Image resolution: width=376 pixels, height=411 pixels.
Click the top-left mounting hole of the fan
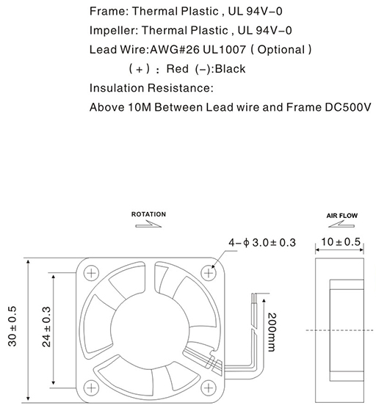[x=91, y=273]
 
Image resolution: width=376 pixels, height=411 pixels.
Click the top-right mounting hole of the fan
[x=209, y=273]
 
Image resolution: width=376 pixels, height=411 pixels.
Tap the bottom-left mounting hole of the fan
[x=91, y=388]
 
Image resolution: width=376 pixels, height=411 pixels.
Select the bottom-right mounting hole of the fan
[x=209, y=388]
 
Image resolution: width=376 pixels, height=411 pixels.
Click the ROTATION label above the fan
[x=148, y=214]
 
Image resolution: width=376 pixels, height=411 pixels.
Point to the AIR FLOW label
[x=342, y=216]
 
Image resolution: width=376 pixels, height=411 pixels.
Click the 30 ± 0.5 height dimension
[x=12, y=326]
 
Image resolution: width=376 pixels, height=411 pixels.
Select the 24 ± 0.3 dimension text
[x=46, y=327]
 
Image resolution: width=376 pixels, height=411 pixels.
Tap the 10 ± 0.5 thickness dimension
[x=341, y=241]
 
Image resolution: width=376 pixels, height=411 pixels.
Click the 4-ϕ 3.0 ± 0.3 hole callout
[x=262, y=242]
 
